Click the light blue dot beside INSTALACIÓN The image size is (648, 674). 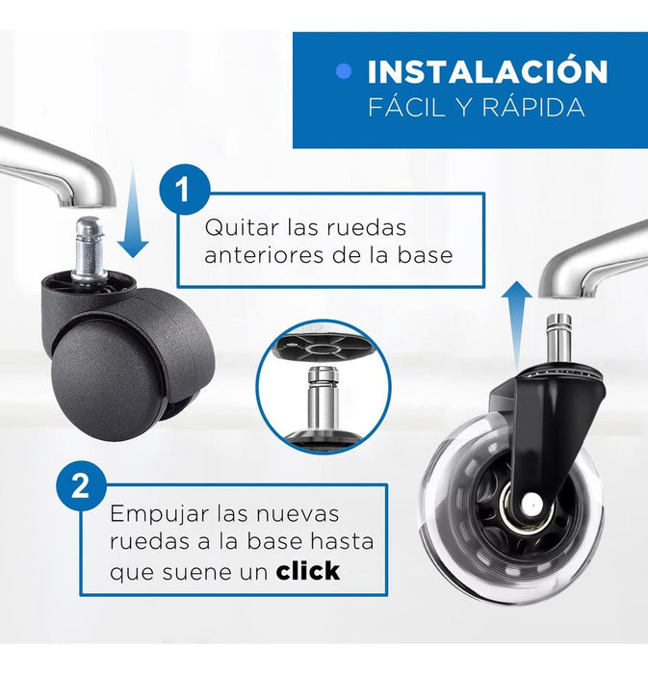point(344,72)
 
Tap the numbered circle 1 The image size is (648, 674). point(185,189)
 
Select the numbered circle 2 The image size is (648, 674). point(82,486)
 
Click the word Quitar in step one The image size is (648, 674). point(242,228)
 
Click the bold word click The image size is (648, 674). point(308,571)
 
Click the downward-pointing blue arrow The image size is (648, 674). point(133,215)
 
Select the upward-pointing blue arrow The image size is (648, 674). point(516,326)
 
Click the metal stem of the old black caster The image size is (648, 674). point(90,247)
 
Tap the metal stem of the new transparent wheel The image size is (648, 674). point(558,342)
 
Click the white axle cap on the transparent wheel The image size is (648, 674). point(531,502)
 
